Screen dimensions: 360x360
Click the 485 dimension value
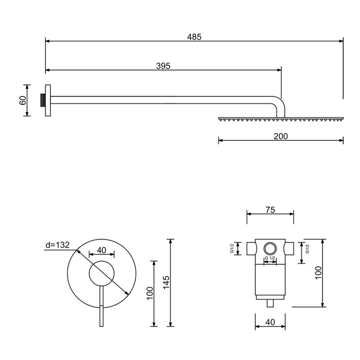(194, 37)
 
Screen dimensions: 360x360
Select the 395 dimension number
(163, 66)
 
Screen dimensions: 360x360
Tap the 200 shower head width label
(280, 136)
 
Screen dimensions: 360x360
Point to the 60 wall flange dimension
(23, 100)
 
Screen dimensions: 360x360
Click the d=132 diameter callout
(58, 245)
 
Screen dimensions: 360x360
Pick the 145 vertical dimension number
(166, 283)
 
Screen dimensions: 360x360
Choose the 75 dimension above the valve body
(270, 210)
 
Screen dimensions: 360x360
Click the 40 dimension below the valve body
(270, 322)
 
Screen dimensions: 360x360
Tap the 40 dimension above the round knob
(102, 250)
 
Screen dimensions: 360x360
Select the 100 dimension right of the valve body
(319, 273)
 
